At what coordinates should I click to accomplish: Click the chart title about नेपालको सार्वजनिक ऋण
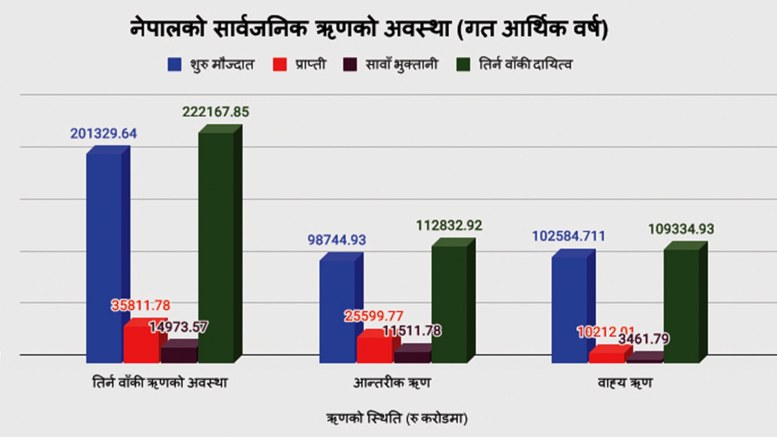[x=369, y=29]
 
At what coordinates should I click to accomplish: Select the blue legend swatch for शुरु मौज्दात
[x=174, y=65]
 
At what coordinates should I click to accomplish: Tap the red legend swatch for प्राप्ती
[x=280, y=65]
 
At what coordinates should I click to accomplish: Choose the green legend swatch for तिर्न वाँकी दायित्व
[x=463, y=65]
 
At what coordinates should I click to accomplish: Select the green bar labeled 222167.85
[x=216, y=247]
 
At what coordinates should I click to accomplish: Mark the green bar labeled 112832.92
[x=449, y=303]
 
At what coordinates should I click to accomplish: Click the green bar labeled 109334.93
[x=681, y=305]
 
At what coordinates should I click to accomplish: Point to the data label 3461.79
[x=643, y=339]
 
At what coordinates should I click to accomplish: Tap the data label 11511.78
[x=412, y=331]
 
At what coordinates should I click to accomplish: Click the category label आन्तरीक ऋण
[x=392, y=383]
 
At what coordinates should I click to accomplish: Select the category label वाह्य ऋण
[x=625, y=383]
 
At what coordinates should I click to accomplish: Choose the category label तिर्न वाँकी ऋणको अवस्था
[x=160, y=383]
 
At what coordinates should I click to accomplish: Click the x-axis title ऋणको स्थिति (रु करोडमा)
[x=397, y=418]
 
